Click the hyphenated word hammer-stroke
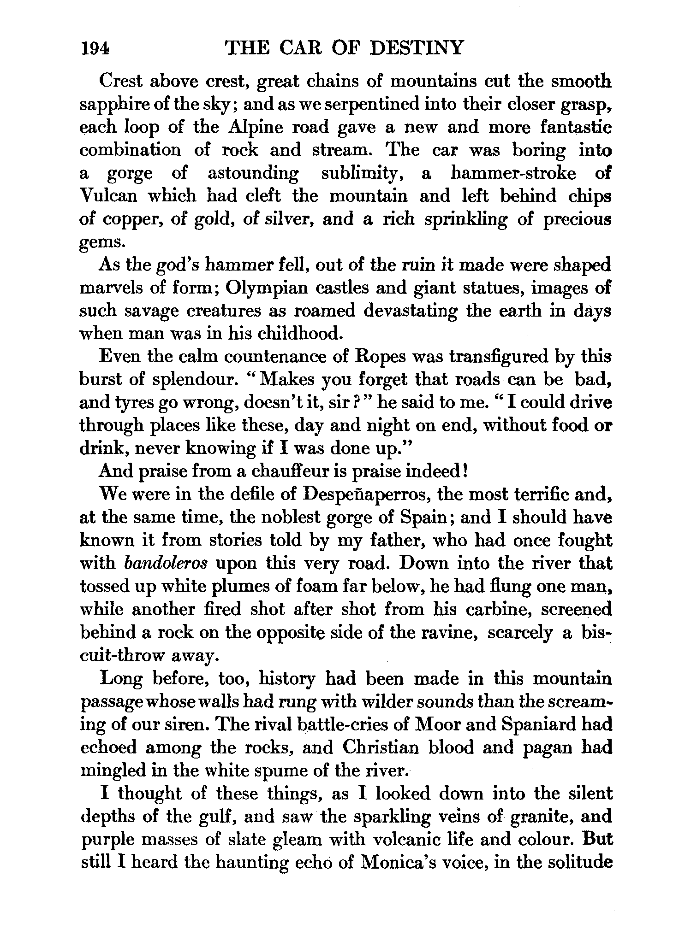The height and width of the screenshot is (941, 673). point(513,173)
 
